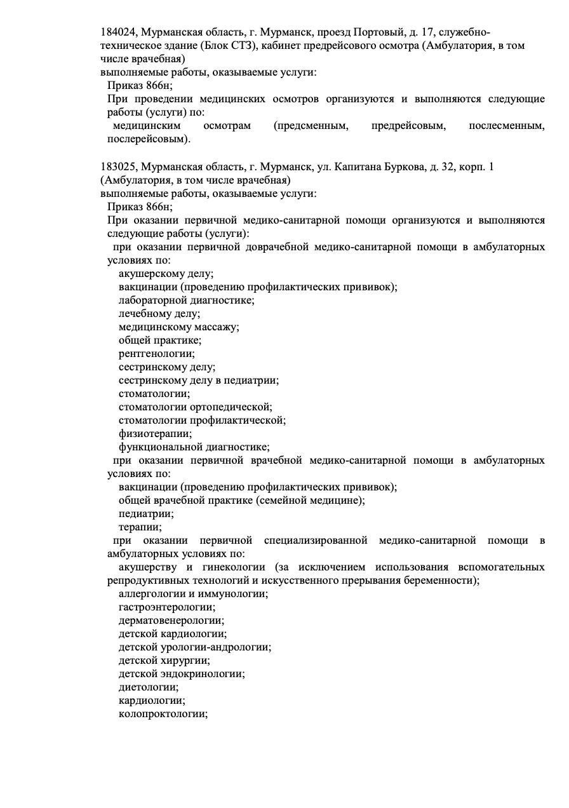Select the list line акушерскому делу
tap(166, 274)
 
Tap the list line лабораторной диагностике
tap(186, 300)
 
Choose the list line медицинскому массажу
tap(178, 327)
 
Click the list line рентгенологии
tap(156, 354)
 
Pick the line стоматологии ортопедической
tap(195, 407)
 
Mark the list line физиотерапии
tap(155, 434)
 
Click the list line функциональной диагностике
tap(194, 447)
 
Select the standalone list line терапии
tap(140, 527)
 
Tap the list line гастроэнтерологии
tap(166, 607)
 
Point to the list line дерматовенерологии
tap(171, 621)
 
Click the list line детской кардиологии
tap(172, 634)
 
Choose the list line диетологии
tap(148, 687)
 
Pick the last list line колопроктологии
tap(163, 714)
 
